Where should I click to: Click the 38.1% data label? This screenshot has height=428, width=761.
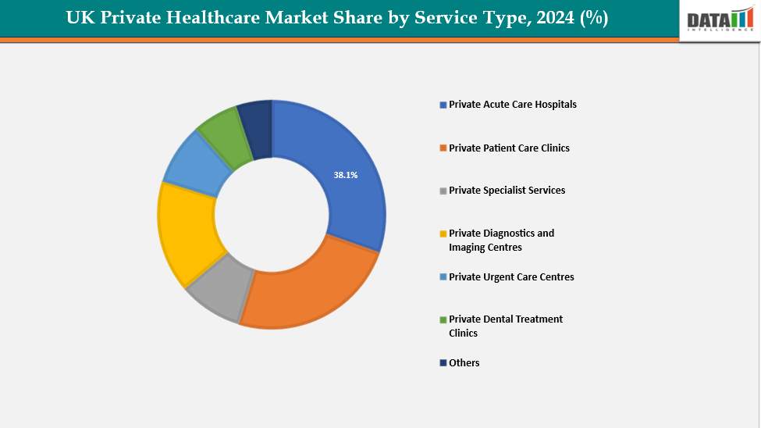point(346,176)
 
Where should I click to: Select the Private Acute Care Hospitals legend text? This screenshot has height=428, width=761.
point(513,105)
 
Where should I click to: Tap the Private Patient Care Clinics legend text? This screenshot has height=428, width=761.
point(509,148)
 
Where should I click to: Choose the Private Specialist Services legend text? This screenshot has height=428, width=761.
point(507,191)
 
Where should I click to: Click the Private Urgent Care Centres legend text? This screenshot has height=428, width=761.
point(511,277)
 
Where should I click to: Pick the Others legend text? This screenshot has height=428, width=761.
point(464,363)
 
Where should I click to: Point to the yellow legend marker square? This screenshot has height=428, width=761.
point(443,234)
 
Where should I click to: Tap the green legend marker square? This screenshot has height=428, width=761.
point(443,319)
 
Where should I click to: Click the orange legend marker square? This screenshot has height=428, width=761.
point(443,148)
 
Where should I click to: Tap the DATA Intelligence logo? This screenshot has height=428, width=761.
point(719,20)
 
